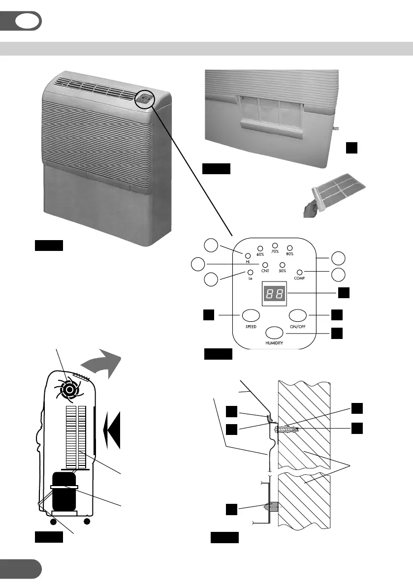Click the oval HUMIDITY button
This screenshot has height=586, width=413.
tap(275, 332)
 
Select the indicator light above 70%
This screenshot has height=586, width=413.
tap(275, 245)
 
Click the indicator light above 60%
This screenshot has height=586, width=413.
tap(260, 248)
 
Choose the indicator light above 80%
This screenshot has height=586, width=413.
tap(290, 248)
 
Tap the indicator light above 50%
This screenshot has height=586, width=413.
tap(283, 266)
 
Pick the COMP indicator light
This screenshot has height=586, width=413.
tap(299, 273)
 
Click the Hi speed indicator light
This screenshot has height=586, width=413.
tap(248, 255)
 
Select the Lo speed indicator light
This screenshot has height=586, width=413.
tap(250, 273)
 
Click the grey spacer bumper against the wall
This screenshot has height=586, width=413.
tap(271, 506)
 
